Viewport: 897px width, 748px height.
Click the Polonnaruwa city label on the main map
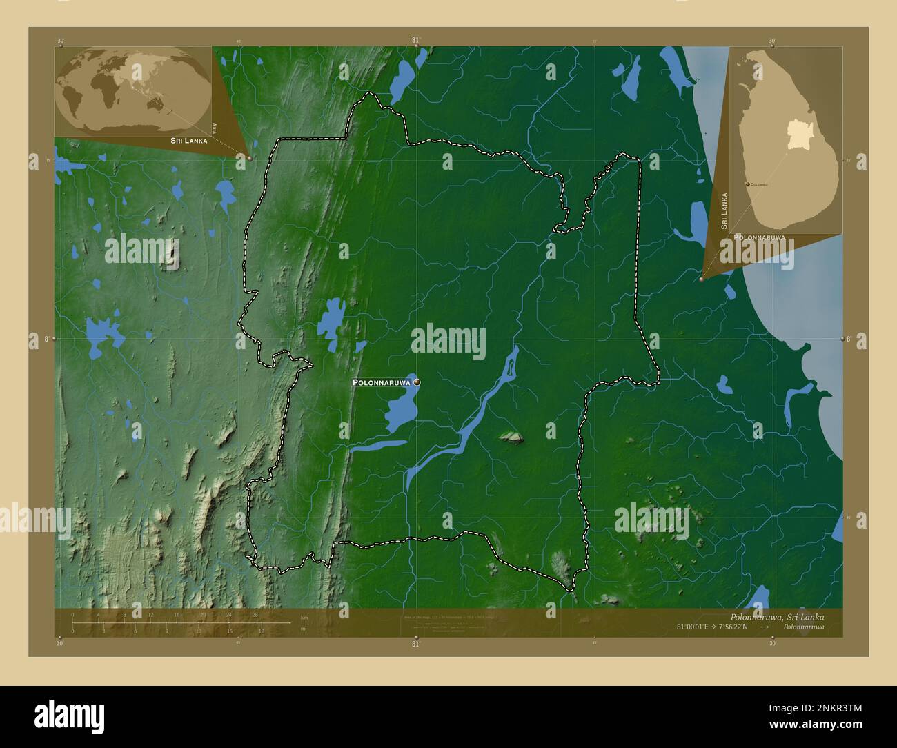(382, 382)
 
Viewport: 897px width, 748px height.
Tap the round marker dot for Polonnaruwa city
(416, 382)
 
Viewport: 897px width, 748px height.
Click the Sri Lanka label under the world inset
(184, 140)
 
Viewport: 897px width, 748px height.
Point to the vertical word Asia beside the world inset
(216, 128)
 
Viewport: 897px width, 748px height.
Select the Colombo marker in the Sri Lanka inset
(749, 184)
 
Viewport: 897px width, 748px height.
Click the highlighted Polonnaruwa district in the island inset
(797, 135)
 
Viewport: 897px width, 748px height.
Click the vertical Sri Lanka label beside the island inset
(724, 211)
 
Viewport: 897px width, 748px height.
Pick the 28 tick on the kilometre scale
(255, 615)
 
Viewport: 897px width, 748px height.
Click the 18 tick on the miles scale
(261, 631)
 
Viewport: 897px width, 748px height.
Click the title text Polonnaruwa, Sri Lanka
(776, 616)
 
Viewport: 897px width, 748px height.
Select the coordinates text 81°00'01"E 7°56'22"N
(713, 627)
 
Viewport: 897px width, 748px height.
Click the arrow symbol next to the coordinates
(765, 627)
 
